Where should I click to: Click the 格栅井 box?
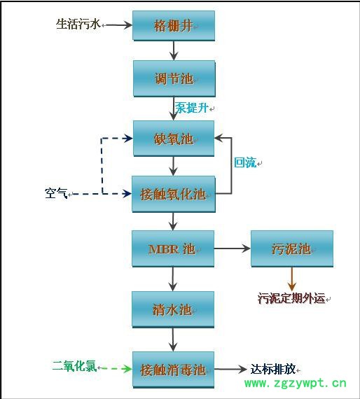coord(173,25)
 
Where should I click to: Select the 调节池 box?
coord(173,78)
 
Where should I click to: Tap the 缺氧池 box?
coord(173,139)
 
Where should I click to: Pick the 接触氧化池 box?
coord(173,194)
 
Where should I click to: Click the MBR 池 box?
coord(173,248)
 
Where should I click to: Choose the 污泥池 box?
coord(291,248)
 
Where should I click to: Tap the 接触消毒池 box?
coord(173,369)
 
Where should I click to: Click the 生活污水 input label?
coord(78,24)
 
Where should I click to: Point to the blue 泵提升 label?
coord(192,108)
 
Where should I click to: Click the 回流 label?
coord(245,162)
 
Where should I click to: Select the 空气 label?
coord(56,192)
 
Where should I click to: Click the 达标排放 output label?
coord(273,369)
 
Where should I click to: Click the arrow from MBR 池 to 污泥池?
coord(232,248)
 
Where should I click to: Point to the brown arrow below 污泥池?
coord(291,278)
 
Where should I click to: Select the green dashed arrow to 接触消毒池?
coord(116,367)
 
